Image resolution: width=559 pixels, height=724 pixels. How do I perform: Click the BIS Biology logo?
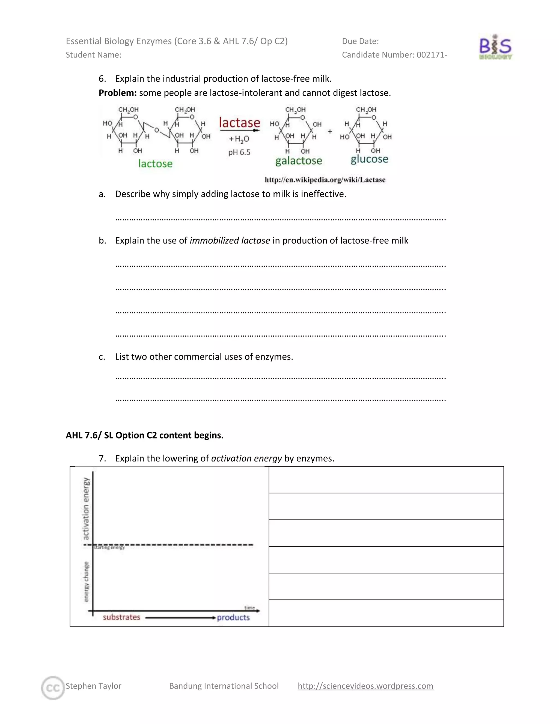click(x=495, y=47)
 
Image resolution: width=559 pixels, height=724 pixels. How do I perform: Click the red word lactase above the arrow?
click(x=239, y=123)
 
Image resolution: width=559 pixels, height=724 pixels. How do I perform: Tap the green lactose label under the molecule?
click(x=155, y=163)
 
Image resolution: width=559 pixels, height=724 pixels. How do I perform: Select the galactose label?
click(x=299, y=161)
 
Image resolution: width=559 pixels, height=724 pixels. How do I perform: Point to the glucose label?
click(x=369, y=159)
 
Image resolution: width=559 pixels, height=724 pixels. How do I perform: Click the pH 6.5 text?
click(x=239, y=152)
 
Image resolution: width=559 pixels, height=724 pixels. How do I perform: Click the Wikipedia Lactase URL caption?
click(x=325, y=180)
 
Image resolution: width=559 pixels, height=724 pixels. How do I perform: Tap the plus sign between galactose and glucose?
click(x=330, y=132)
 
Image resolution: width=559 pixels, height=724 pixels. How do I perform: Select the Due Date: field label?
click(x=360, y=41)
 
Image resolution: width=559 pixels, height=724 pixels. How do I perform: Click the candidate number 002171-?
click(x=432, y=55)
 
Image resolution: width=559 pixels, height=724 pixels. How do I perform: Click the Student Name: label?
click(x=93, y=55)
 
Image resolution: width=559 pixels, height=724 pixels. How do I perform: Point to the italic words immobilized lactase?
click(x=230, y=240)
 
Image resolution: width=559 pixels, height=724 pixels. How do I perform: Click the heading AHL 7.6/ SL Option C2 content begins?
click(x=144, y=435)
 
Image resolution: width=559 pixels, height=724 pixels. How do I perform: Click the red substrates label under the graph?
click(x=121, y=617)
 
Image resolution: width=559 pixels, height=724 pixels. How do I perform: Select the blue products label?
click(x=233, y=617)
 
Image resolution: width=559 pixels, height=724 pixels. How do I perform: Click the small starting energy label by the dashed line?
click(x=109, y=548)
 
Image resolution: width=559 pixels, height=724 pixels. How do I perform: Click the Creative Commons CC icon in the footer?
click(x=53, y=688)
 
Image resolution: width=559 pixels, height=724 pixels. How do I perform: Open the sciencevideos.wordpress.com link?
click(x=365, y=686)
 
